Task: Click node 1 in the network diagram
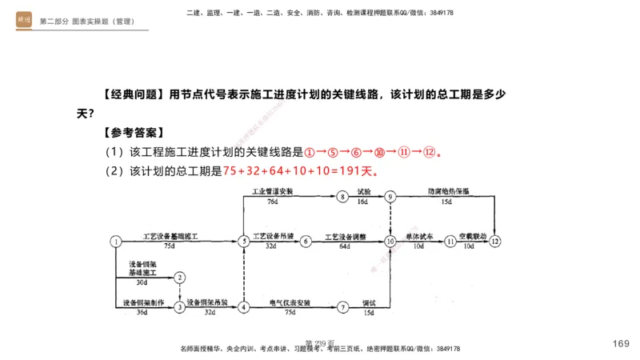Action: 116,241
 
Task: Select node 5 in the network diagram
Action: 243,241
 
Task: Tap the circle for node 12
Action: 496,241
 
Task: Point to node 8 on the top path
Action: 342,196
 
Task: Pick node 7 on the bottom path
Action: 342,306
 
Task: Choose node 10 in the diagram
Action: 390,241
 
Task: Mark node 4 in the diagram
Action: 243,306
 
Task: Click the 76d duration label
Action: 272,202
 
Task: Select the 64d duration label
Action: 345,247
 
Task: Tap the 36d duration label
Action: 142,312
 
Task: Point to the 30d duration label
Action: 142,282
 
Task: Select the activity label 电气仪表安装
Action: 290,302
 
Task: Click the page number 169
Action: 621,344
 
